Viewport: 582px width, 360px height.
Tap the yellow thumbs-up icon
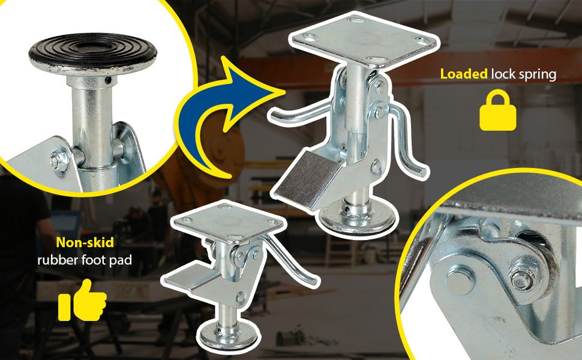pos(82,301)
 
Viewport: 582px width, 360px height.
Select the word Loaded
pos(464,74)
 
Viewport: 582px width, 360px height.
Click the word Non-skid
pos(85,242)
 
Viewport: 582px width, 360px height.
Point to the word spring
pos(538,75)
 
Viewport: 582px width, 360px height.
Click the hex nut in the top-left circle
pos(60,160)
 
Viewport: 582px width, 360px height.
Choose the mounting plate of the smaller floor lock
pos(228,222)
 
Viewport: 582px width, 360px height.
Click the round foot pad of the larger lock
pos(356,220)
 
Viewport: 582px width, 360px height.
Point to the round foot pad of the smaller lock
pos(227,336)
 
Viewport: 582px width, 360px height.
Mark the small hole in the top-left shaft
pos(108,80)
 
